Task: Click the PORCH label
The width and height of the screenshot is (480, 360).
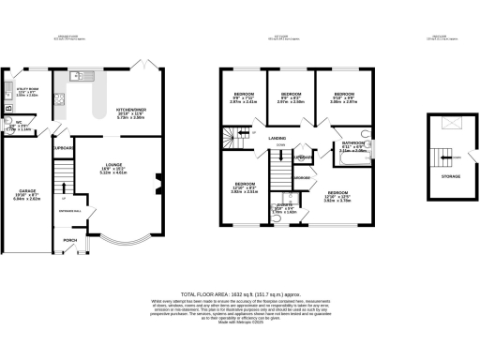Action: click(69, 239)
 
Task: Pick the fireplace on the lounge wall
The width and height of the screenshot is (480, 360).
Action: click(155, 184)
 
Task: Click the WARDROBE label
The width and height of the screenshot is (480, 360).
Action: click(302, 177)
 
